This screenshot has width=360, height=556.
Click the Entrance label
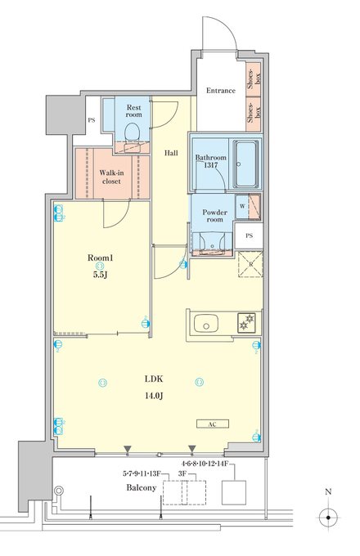pyautogui.click(x=221, y=91)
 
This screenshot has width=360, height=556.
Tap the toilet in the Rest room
pyautogui.click(x=132, y=132)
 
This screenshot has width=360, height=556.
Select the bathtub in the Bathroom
pyautogui.click(x=245, y=164)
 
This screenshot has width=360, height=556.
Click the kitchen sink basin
pyautogui.click(x=205, y=323)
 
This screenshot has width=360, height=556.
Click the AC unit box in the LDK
pyautogui.click(x=213, y=424)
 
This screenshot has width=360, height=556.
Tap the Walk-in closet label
pyautogui.click(x=112, y=177)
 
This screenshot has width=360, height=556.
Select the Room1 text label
pyautogui.click(x=101, y=258)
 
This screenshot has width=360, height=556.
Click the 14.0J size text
pyautogui.click(x=154, y=396)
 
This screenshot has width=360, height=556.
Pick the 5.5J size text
pyautogui.click(x=101, y=275)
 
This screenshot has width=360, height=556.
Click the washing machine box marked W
pyautogui.click(x=243, y=206)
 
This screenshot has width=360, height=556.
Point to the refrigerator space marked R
pyautogui.click(x=250, y=264)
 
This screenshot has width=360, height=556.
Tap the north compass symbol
pyautogui.click(x=328, y=518)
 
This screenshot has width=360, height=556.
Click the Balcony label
pyautogui.click(x=142, y=487)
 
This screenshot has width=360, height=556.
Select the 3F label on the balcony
pyautogui.click(x=182, y=473)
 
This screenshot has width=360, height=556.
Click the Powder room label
pyautogui.click(x=214, y=216)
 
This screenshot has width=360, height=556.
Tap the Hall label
pyautogui.click(x=171, y=153)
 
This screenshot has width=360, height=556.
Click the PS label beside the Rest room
pyautogui.click(x=92, y=120)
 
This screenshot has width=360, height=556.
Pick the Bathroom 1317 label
pyautogui.click(x=210, y=161)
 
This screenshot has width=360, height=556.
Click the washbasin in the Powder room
pyautogui.click(x=212, y=243)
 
